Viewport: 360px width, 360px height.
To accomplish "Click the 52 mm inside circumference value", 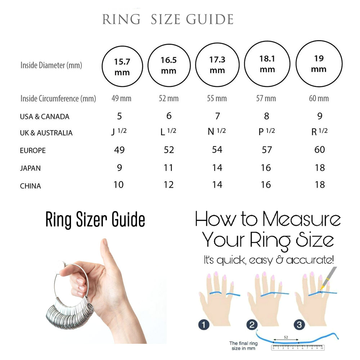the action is click(x=169, y=99).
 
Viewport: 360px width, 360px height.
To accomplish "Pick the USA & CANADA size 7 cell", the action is click(x=217, y=116).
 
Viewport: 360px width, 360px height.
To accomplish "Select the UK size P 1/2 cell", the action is click(x=266, y=131).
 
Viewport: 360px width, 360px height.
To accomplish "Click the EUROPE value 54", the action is click(x=217, y=150).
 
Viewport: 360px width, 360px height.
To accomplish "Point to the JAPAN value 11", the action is click(x=168, y=168).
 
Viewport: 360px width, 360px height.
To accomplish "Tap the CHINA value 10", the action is click(x=119, y=185).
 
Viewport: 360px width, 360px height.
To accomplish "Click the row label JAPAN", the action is click(x=30, y=168).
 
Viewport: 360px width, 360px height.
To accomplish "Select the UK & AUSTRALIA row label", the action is click(x=46, y=133).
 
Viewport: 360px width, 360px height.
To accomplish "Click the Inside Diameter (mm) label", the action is click(x=51, y=65).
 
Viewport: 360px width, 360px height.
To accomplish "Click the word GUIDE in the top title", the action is click(x=210, y=19).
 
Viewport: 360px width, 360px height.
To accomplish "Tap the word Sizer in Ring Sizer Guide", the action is click(x=91, y=219).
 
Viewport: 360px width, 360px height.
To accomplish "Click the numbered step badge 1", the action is click(x=204, y=325).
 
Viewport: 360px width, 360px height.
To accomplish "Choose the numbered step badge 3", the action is click(x=300, y=325).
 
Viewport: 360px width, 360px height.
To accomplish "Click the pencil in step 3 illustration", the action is click(x=329, y=279).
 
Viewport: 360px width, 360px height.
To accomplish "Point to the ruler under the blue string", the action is click(x=298, y=347).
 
